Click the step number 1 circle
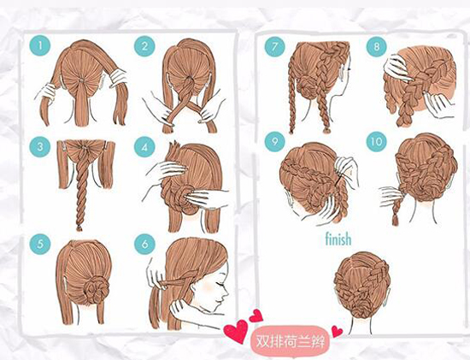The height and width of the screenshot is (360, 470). pos(40,46)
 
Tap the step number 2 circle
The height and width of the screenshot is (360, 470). pos(144,46)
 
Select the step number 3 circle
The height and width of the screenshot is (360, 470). pos(40,147)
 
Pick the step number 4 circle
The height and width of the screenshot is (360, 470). pos(144,148)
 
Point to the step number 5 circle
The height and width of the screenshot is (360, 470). pos(40,245)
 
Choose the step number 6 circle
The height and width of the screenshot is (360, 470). pos(144,245)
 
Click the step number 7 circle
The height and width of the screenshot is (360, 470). pos(275,46)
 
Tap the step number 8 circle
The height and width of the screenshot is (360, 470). pos(377,46)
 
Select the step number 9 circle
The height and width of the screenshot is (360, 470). pos(275,141)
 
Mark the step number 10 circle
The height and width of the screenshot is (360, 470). pos(377,141)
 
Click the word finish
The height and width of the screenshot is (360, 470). pos(338,239)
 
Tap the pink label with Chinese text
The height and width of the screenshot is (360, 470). pos(290,341)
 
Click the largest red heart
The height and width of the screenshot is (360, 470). pos(236,331)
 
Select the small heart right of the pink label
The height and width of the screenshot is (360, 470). pos(337,332)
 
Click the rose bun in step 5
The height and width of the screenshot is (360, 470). pos(97,289)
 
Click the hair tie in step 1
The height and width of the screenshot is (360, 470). pos(81,80)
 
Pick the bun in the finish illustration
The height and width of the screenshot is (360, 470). pos(362,308)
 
